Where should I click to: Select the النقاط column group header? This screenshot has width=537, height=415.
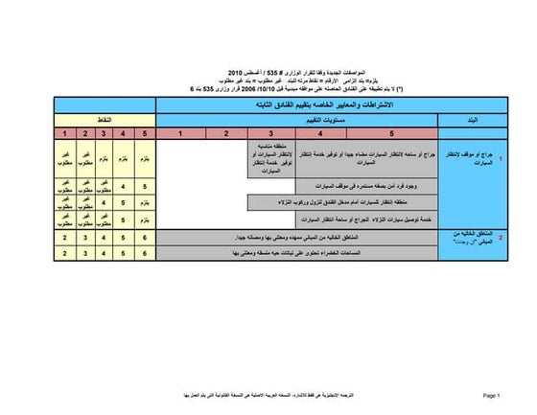(105, 119)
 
